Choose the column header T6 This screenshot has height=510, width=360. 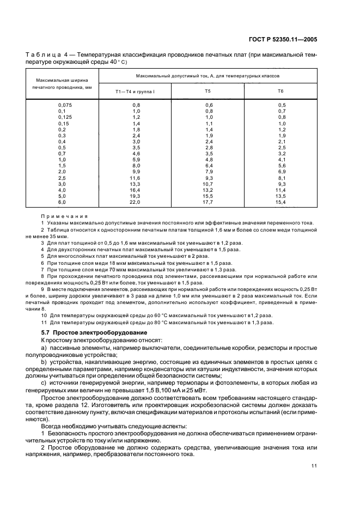coord(281,91)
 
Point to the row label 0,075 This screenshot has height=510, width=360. coord(64,105)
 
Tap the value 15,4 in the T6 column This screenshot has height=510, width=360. coord(282,202)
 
